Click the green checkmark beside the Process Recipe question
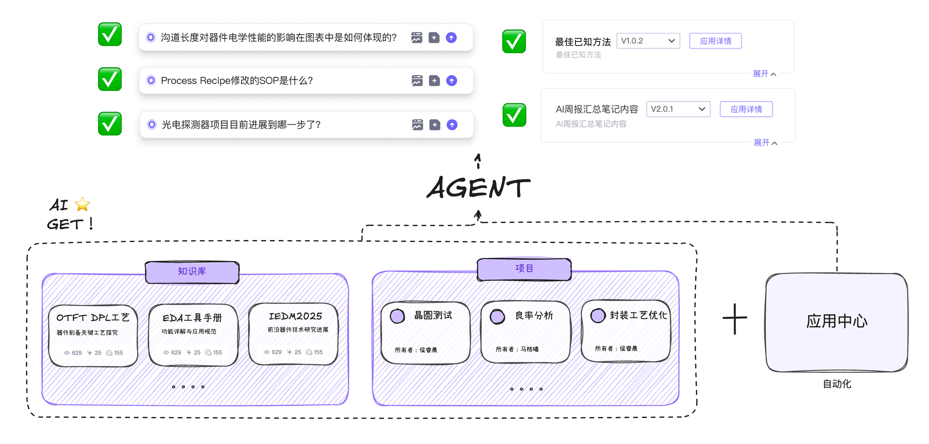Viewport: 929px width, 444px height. [110, 79]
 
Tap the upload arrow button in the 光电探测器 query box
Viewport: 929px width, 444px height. [452, 125]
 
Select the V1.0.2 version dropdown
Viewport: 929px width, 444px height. [648, 41]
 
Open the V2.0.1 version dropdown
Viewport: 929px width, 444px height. [678, 109]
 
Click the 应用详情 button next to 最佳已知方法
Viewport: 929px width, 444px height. [715, 41]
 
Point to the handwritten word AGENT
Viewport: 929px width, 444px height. [478, 187]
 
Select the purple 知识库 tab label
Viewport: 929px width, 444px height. [192, 272]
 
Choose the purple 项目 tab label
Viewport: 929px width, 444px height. [524, 269]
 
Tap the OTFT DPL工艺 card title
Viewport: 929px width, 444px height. [93, 318]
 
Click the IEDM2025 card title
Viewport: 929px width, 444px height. [295, 316]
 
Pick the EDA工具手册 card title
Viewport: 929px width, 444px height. [192, 318]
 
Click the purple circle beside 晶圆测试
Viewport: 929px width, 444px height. [397, 316]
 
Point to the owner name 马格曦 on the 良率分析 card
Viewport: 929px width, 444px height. [529, 349]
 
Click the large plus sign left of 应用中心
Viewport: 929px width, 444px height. [735, 318]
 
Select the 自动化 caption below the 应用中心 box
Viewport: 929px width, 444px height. [837, 384]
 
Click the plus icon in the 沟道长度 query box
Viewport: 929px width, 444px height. [434, 38]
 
